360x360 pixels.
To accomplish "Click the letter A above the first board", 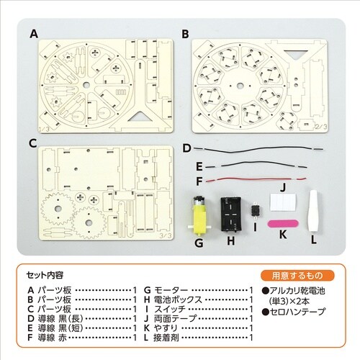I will [33, 33].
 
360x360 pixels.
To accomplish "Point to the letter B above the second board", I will [186, 33].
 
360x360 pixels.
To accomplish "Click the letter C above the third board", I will [33, 143].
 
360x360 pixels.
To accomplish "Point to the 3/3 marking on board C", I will [163, 234].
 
